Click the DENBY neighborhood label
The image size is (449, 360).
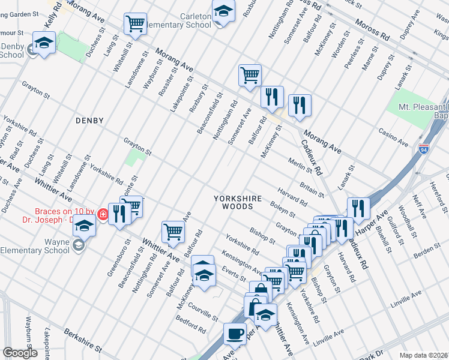click(x=89, y=121)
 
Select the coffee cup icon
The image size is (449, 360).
click(x=235, y=332)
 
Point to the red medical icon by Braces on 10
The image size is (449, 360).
click(x=103, y=214)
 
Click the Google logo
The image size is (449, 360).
click(x=20, y=353)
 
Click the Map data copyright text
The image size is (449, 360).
click(x=423, y=355)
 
